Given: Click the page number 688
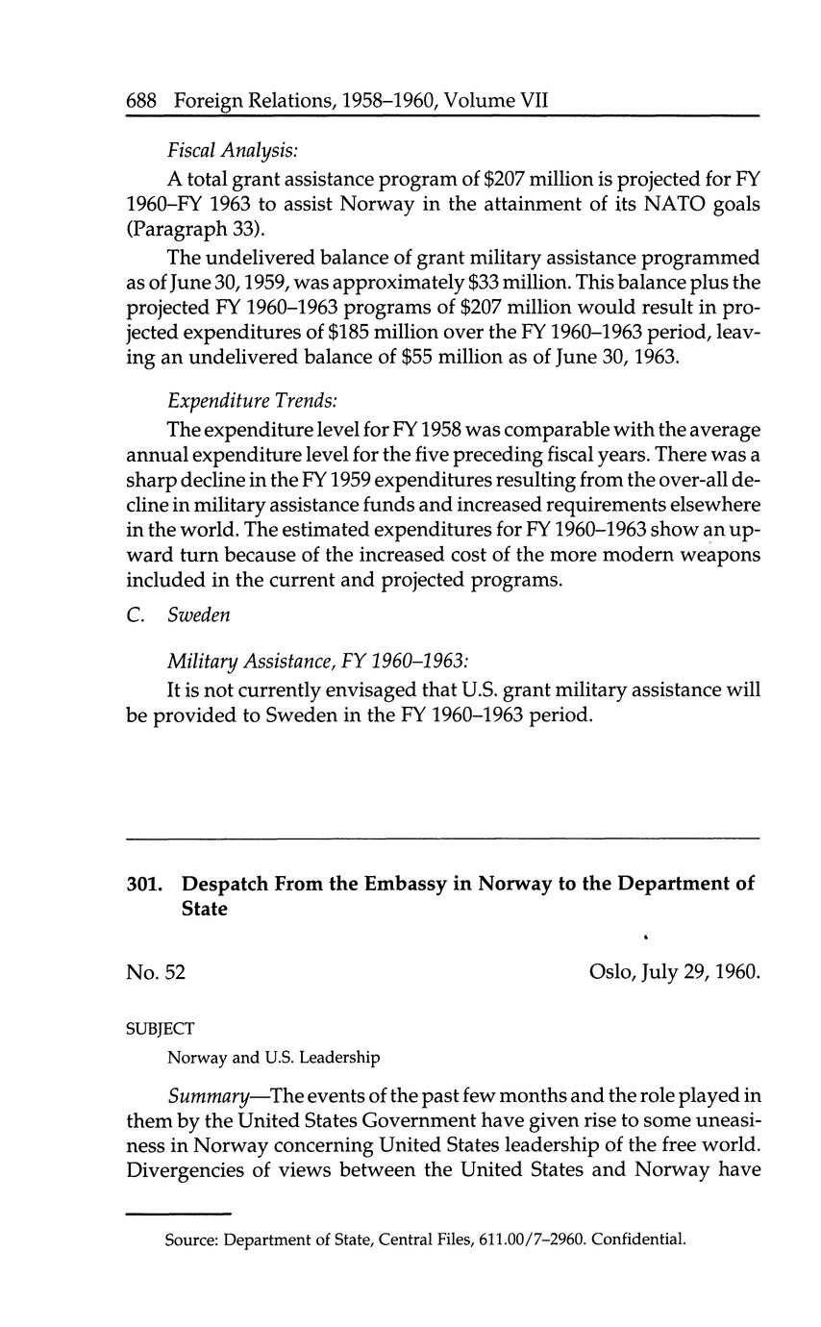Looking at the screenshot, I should click(x=143, y=101).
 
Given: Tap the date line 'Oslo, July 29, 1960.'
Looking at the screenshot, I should click(x=674, y=972).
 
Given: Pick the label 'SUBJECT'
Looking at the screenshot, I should click(x=160, y=1029).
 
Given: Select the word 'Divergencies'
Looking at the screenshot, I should click(x=187, y=1170).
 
